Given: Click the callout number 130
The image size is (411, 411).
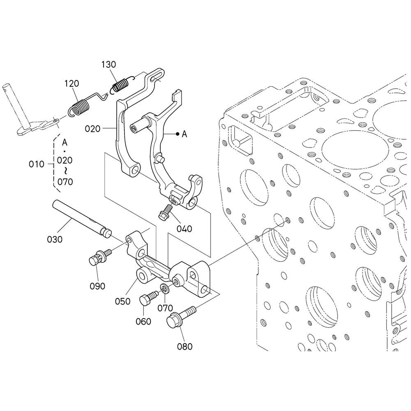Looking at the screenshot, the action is pos(109,65).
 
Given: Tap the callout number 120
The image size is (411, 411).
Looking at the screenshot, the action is pos(72,83).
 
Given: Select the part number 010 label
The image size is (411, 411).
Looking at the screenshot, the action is pos(37,164).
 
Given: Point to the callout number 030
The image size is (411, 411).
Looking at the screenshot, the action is pos(55,239).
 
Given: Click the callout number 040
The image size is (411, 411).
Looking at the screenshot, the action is pos(184,229).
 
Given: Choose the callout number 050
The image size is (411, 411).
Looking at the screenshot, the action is pos(122,301).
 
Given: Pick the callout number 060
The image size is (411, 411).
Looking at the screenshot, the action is pos(143,321).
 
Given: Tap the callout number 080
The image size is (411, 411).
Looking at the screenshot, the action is pos(185,346).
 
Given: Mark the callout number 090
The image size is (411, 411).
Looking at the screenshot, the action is pos(97,286).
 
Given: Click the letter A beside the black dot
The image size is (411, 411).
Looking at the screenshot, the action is pos(185,134).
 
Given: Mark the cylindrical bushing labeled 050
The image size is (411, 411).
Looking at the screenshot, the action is pos(144,275).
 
